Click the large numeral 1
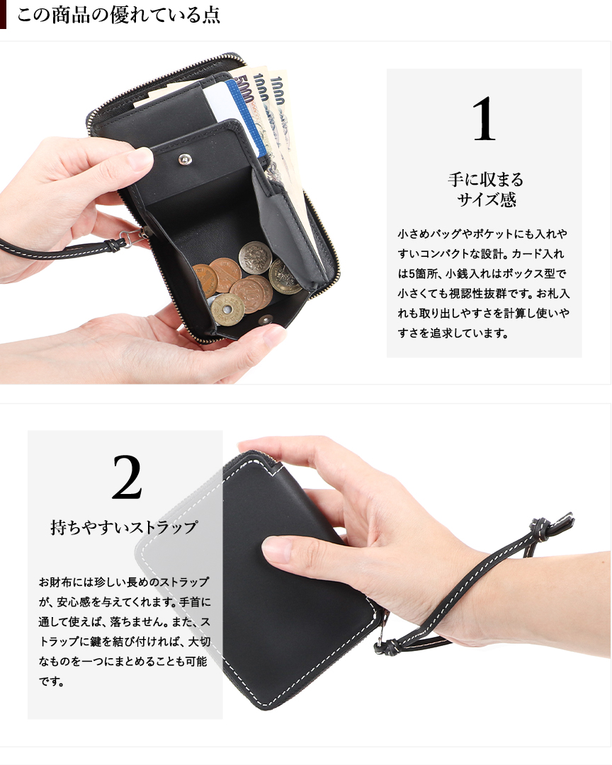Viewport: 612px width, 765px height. pyautogui.click(x=484, y=119)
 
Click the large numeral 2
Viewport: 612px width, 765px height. pyautogui.click(x=127, y=477)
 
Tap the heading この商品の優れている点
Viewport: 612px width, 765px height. pyautogui.click(x=118, y=15)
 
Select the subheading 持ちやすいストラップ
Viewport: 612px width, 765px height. pyautogui.click(x=124, y=527)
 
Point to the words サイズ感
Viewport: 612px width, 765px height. pyautogui.click(x=487, y=200)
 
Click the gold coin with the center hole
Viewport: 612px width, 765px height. pyautogui.click(x=227, y=309)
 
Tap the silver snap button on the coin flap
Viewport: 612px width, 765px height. pyautogui.click(x=185, y=159)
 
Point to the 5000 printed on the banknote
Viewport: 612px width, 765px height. pyautogui.click(x=246, y=90)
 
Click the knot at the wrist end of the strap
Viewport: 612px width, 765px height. pyautogui.click(x=540, y=529)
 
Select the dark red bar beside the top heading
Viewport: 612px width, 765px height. pyautogui.click(x=3, y=14)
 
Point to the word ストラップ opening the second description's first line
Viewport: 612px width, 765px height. pyautogui.click(x=185, y=582)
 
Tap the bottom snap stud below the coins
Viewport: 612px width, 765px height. pyautogui.click(x=266, y=321)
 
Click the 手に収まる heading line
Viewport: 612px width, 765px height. pyautogui.click(x=486, y=180)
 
